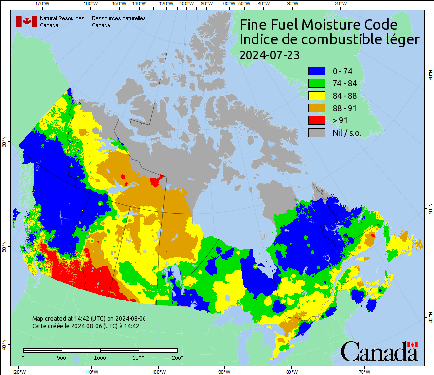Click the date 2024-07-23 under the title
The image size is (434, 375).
coord(269,55)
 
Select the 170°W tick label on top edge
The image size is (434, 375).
coord(43,4)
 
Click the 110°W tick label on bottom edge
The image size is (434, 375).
coord(91,371)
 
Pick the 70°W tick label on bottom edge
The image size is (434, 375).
coord(364,371)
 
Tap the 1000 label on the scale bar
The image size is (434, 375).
coord(100,357)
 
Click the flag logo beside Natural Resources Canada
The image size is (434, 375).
coord(27,22)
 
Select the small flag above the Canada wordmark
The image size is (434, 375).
coord(412,344)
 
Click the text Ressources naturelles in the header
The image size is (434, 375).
coord(118,18)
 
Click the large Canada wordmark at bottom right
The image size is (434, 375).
coord(379,352)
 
